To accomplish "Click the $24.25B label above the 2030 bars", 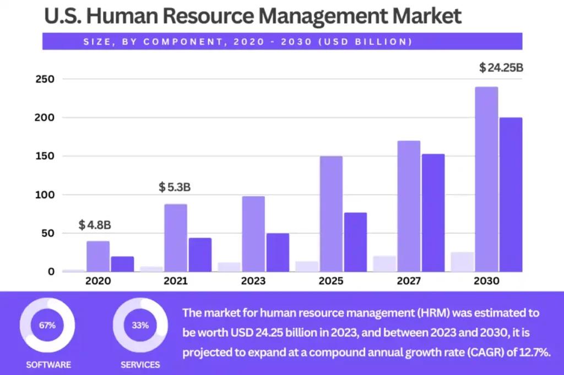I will (x=501, y=68).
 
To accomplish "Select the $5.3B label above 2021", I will (x=175, y=187).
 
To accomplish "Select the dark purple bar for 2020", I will (x=122, y=264).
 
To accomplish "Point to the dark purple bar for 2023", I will (x=278, y=252).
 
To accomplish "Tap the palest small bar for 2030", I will (x=462, y=262).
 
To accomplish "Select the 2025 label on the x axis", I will (x=330, y=281).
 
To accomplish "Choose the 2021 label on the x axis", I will (x=175, y=281).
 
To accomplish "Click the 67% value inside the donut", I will (x=47, y=325).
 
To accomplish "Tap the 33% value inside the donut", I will (x=140, y=325).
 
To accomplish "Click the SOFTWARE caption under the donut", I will (x=48, y=365).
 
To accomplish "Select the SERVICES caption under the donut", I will (x=140, y=365).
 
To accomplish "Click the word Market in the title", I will (x=427, y=16).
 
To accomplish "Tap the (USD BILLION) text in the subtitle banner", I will (x=377, y=42).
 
